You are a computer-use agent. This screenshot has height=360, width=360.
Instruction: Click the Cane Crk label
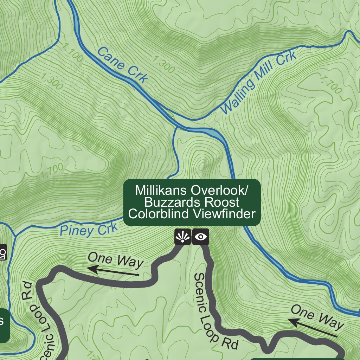click(x=122, y=65)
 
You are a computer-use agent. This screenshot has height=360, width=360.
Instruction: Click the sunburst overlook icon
click(x=182, y=237)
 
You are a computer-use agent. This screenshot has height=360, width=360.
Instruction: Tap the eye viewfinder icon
click(x=201, y=237)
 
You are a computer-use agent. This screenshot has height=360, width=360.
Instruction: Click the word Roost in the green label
click(x=221, y=202)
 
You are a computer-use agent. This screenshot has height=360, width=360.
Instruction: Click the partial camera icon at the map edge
click(x=3, y=252)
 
